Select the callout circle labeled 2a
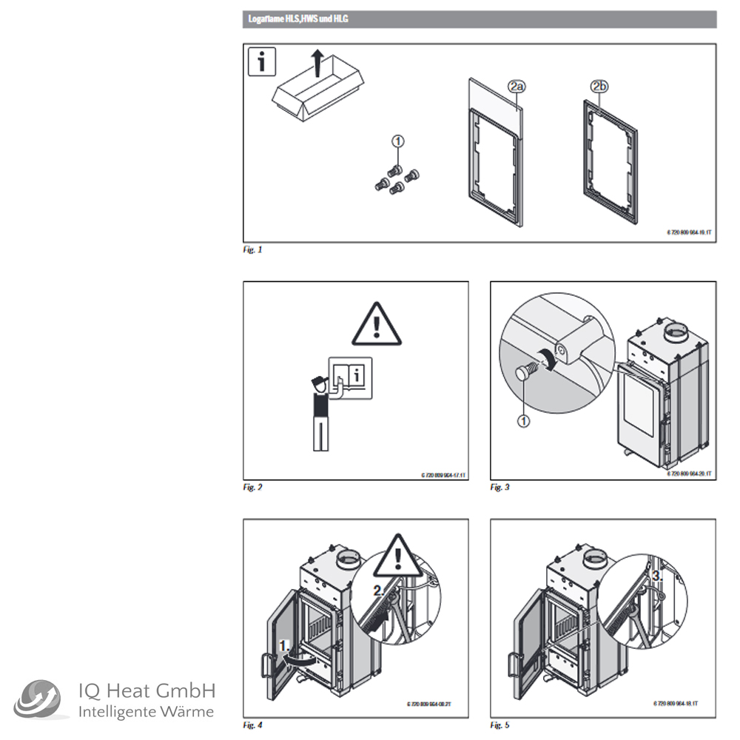[x=516, y=87]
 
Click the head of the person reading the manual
[x=318, y=384]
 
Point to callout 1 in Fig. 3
[x=523, y=421]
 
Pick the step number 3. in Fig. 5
[x=658, y=575]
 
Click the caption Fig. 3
[x=499, y=488]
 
